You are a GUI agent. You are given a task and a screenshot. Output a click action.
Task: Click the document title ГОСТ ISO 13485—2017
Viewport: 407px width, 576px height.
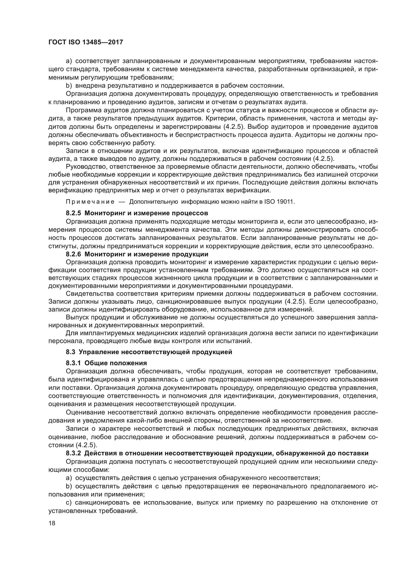point(85,42)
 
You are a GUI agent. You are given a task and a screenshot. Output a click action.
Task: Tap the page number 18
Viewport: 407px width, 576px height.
point(52,523)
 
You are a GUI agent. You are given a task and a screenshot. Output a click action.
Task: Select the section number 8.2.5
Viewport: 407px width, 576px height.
point(73,213)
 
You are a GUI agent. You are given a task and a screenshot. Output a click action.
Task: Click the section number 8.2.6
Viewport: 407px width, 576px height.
point(73,254)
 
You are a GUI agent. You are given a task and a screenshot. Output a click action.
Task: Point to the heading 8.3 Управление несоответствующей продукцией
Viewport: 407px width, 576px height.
point(149,352)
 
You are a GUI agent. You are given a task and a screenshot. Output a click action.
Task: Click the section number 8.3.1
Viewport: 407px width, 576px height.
point(73,363)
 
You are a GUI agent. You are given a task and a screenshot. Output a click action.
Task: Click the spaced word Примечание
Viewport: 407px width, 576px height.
point(90,202)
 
